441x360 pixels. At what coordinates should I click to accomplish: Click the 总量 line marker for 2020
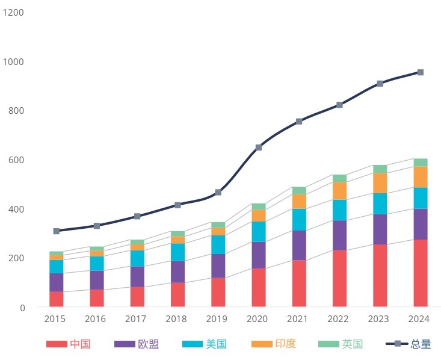259,147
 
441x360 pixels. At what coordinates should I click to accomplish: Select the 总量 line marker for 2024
421,72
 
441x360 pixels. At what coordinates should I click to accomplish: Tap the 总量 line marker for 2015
56,231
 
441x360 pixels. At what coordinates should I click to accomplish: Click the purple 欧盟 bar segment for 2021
299,245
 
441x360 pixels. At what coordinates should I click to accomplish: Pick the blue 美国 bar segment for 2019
218,244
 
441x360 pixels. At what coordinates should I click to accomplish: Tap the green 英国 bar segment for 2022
339,178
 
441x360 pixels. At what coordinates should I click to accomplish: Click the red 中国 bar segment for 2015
56,299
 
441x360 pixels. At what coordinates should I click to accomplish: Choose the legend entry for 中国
69,344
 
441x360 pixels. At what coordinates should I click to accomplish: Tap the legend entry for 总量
409,344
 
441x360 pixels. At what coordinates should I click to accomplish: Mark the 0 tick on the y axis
22,308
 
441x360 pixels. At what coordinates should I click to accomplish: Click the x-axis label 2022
339,318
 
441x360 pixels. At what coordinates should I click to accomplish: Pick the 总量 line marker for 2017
137,216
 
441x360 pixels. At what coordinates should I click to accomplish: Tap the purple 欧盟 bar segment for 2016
96,280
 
